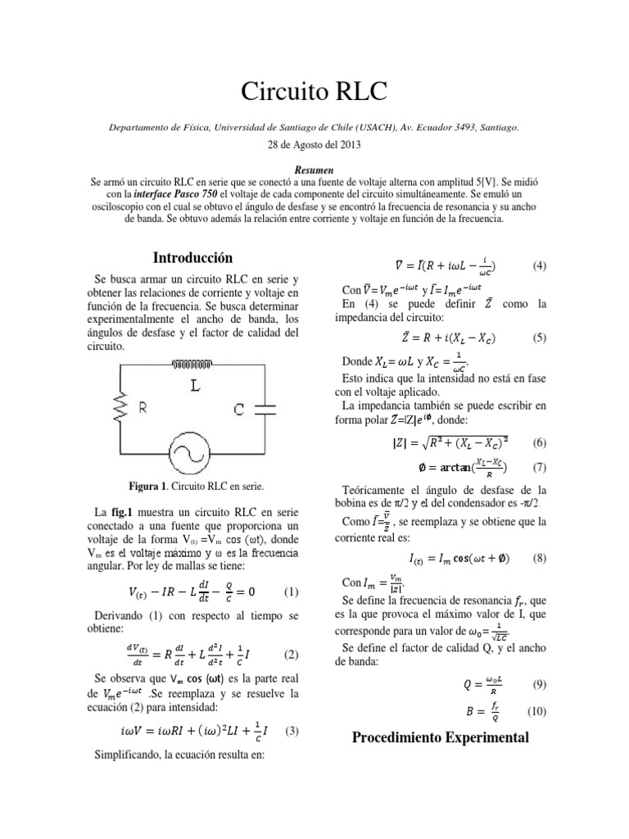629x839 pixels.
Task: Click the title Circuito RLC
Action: [314, 91]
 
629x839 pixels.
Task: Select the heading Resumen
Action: [314, 166]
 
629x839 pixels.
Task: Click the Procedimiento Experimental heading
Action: [441, 737]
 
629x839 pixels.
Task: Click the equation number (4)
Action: [539, 266]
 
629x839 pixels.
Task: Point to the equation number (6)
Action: [539, 442]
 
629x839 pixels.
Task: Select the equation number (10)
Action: [536, 710]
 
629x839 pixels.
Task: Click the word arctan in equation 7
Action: [442, 468]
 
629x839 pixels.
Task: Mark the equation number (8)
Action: [539, 558]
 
